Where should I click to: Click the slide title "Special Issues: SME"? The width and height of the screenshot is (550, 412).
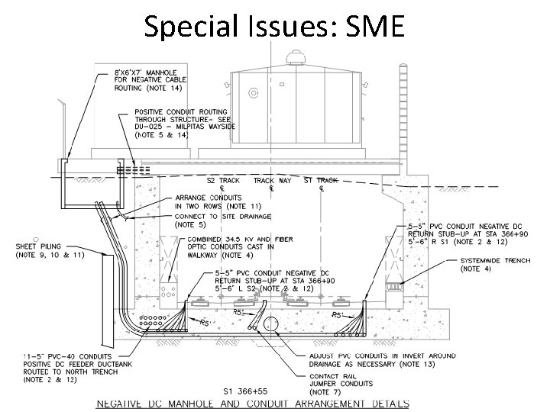[274, 27]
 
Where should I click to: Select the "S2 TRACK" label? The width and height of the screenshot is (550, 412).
[222, 181]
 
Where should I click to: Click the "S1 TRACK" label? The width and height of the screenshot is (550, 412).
[320, 181]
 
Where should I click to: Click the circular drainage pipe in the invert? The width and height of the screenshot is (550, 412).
[269, 324]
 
